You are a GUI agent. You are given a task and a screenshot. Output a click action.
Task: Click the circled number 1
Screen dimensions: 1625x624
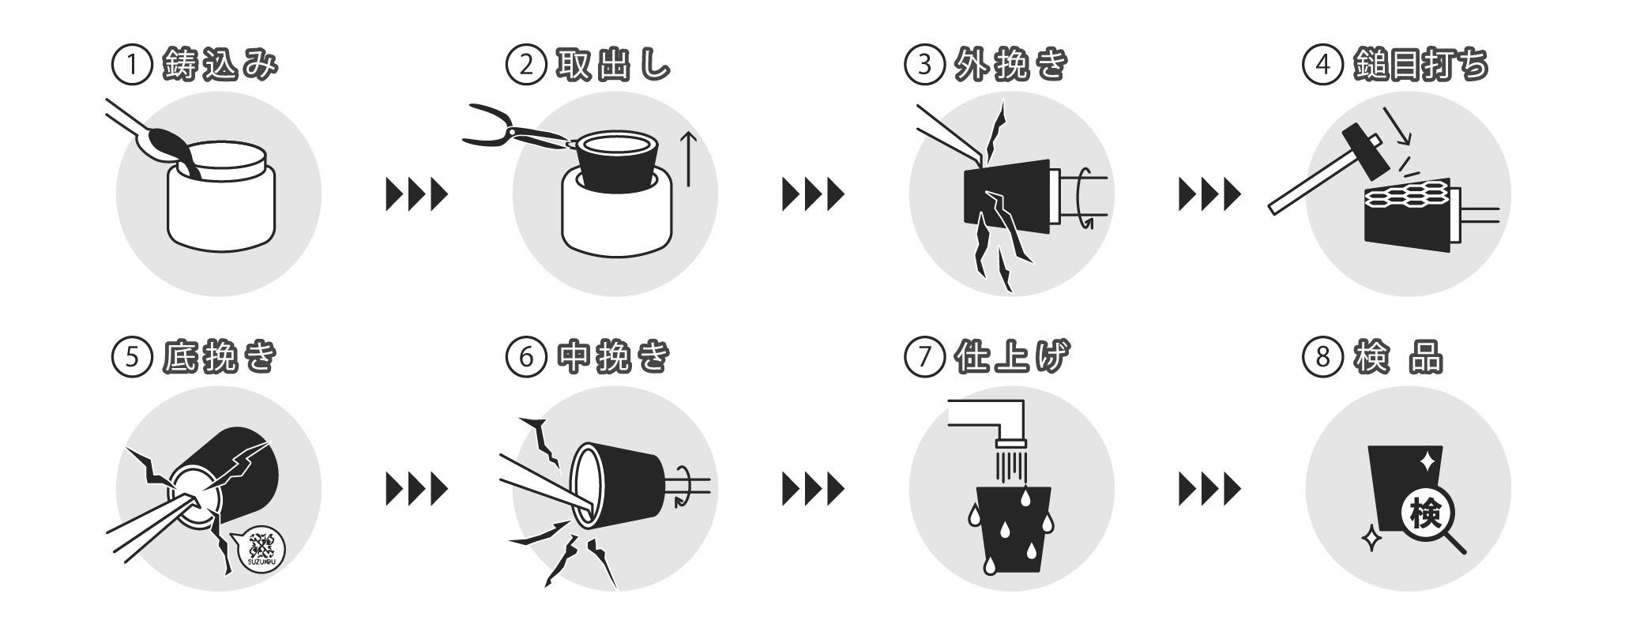tap(130, 66)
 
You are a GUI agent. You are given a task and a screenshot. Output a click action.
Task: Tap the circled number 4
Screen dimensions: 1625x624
tap(1322, 66)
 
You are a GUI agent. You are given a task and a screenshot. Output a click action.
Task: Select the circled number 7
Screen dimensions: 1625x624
tap(925, 358)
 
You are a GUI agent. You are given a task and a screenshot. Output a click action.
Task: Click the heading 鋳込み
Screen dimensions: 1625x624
tap(220, 66)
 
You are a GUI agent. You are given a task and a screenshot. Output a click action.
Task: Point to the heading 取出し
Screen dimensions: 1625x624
tap(613, 66)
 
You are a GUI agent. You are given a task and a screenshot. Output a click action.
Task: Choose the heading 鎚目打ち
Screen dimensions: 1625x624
tap(1420, 66)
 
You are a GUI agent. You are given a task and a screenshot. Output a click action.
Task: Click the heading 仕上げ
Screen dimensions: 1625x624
tap(1012, 358)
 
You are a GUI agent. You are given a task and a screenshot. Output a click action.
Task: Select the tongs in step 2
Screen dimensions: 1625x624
tap(517, 130)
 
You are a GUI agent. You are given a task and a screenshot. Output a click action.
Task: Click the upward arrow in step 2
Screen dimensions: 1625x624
tap(689, 160)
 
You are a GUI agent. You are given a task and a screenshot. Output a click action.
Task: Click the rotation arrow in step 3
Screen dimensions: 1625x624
tap(1084, 197)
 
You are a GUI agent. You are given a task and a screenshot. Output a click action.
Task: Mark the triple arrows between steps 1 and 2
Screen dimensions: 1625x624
tap(416, 194)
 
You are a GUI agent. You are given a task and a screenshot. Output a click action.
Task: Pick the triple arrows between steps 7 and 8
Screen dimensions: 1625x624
tap(1209, 489)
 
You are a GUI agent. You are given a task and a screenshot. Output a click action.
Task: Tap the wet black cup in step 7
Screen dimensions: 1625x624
tap(1014, 530)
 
